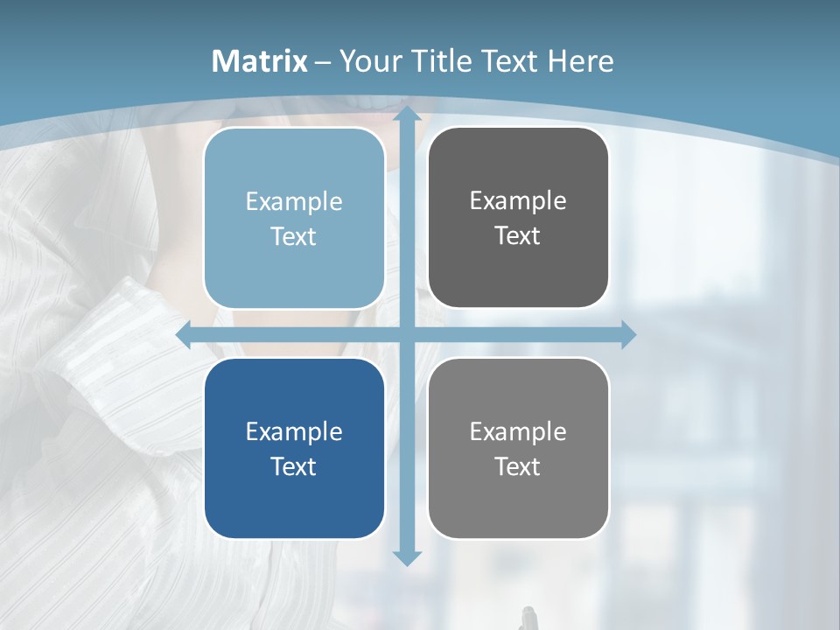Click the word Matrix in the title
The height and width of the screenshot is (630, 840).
tap(260, 61)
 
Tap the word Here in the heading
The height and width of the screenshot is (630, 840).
tap(580, 61)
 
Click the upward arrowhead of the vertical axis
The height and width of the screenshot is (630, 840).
tap(406, 115)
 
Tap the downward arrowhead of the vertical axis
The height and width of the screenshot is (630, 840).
tap(406, 556)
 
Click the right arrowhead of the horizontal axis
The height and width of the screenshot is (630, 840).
tap(627, 335)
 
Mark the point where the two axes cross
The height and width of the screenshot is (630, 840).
tap(406, 335)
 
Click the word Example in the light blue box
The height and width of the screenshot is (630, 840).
tap(294, 201)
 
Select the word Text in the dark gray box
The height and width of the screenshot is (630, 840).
tap(518, 235)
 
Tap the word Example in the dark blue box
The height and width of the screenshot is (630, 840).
tap(294, 431)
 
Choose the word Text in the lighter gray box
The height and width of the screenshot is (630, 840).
tap(518, 466)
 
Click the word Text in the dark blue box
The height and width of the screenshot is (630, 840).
tap(294, 466)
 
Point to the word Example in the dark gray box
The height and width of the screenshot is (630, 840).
tap(518, 200)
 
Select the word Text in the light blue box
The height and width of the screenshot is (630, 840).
tap(294, 236)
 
